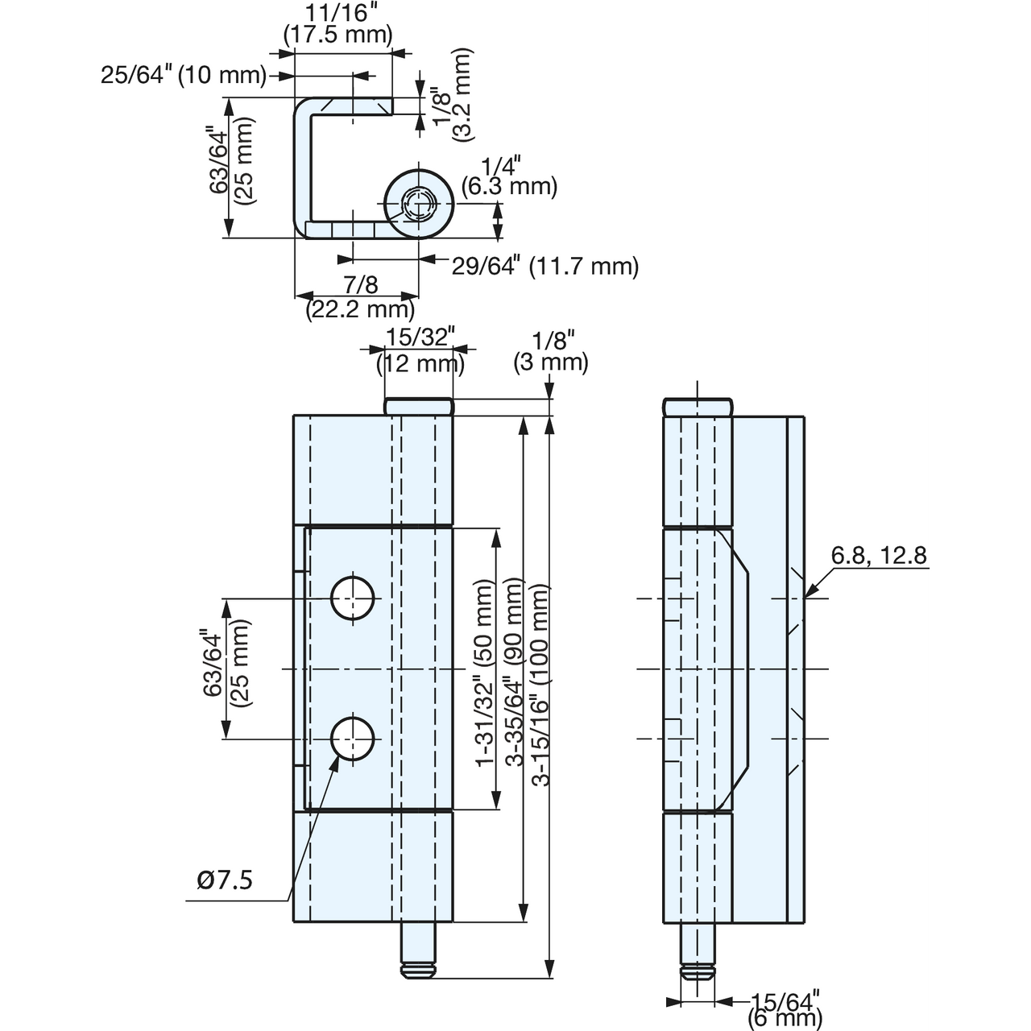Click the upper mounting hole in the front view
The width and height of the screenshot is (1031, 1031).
(x=353, y=599)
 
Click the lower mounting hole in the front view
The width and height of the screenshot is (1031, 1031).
(x=353, y=739)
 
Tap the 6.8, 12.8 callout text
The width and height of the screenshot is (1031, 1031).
(x=880, y=555)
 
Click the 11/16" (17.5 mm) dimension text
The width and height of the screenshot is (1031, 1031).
(x=338, y=23)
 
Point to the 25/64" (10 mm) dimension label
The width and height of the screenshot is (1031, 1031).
(x=182, y=76)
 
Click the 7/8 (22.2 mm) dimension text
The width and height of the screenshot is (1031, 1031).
(x=361, y=296)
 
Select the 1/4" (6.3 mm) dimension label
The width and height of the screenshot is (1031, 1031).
(x=509, y=175)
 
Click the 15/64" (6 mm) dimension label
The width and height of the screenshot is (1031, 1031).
(x=785, y=1007)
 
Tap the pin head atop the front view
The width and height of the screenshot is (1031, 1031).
(x=420, y=407)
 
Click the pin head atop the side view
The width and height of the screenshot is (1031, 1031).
(x=698, y=407)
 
